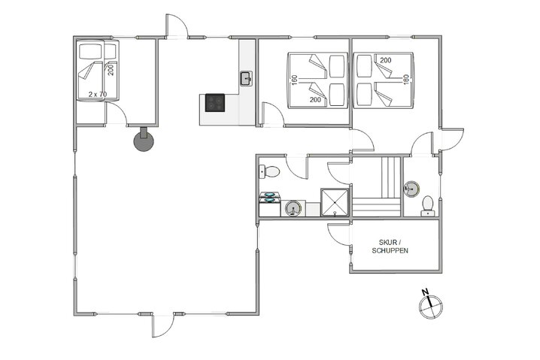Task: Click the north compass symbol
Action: click(431, 302)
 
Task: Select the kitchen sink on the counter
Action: click(246, 77)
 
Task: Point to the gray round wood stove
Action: click(143, 139)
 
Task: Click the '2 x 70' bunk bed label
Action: click(97, 94)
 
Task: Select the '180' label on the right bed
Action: click(405, 79)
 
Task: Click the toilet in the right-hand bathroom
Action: click(428, 204)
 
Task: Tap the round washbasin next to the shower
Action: click(294, 207)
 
